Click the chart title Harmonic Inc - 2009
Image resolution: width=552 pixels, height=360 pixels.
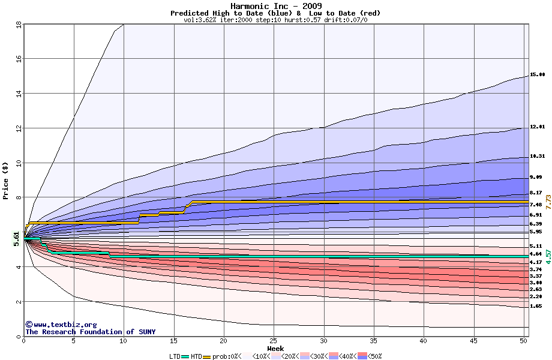click(x=275, y=6)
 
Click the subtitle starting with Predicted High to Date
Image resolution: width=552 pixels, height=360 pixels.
click(x=275, y=13)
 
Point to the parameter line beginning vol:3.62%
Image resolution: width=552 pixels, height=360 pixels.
click(x=275, y=20)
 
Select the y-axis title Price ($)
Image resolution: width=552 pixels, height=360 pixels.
click(x=6, y=180)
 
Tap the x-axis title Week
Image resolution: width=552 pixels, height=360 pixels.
click(x=275, y=348)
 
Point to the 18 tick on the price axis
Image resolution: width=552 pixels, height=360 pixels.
click(x=19, y=24)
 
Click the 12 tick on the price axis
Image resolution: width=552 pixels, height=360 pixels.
click(x=19, y=128)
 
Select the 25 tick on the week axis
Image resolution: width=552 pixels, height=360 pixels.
click(x=274, y=341)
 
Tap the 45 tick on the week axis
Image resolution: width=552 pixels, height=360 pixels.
click(x=473, y=341)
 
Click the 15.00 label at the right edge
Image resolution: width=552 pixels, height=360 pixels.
click(x=537, y=75)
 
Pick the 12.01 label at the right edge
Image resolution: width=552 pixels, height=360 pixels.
click(x=537, y=127)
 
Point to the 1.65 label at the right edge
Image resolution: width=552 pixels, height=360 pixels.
click(x=537, y=306)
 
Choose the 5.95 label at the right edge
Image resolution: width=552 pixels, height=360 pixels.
click(x=537, y=232)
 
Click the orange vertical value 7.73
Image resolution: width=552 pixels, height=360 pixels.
click(x=548, y=202)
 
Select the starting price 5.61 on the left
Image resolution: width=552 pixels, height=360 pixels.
click(x=16, y=239)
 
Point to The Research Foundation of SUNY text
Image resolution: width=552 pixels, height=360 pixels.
click(x=90, y=332)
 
